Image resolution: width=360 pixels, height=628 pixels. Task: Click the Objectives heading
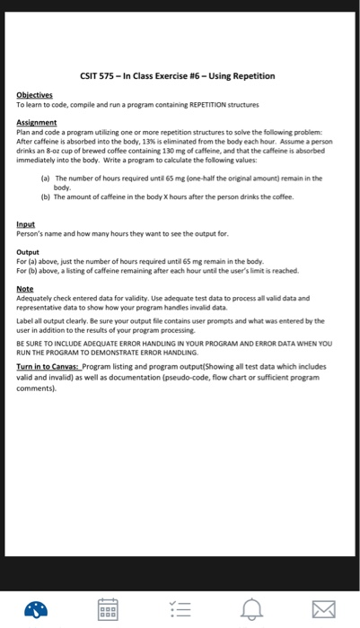pos(35,94)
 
